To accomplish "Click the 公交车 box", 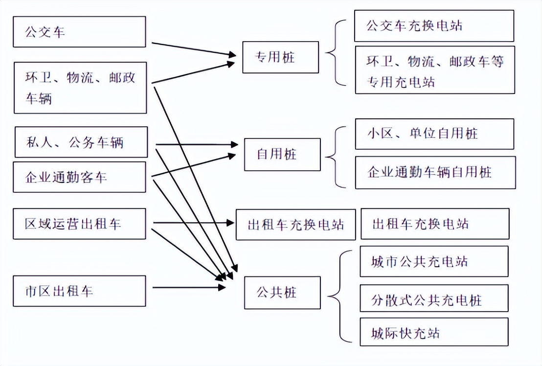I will click(79, 32).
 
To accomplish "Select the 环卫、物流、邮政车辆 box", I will click(80, 88).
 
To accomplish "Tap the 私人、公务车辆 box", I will click(81, 142).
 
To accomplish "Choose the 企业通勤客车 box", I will click(79, 177).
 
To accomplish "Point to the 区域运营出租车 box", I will click(79, 224).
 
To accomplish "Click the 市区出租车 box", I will click(79, 291).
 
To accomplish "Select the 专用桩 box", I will click(280, 57).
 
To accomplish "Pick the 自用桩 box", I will click(282, 155).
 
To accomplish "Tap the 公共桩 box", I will click(282, 293).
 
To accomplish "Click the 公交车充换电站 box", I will click(434, 26).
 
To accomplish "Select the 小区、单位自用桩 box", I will click(434, 134).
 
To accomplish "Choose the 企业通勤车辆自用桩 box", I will click(435, 172).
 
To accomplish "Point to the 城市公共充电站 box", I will click(433, 261).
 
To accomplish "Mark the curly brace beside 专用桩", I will click(337, 53).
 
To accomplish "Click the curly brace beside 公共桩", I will click(339, 296).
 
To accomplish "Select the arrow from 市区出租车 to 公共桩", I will click(188, 287).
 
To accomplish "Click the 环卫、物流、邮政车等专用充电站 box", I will click(434, 70).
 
